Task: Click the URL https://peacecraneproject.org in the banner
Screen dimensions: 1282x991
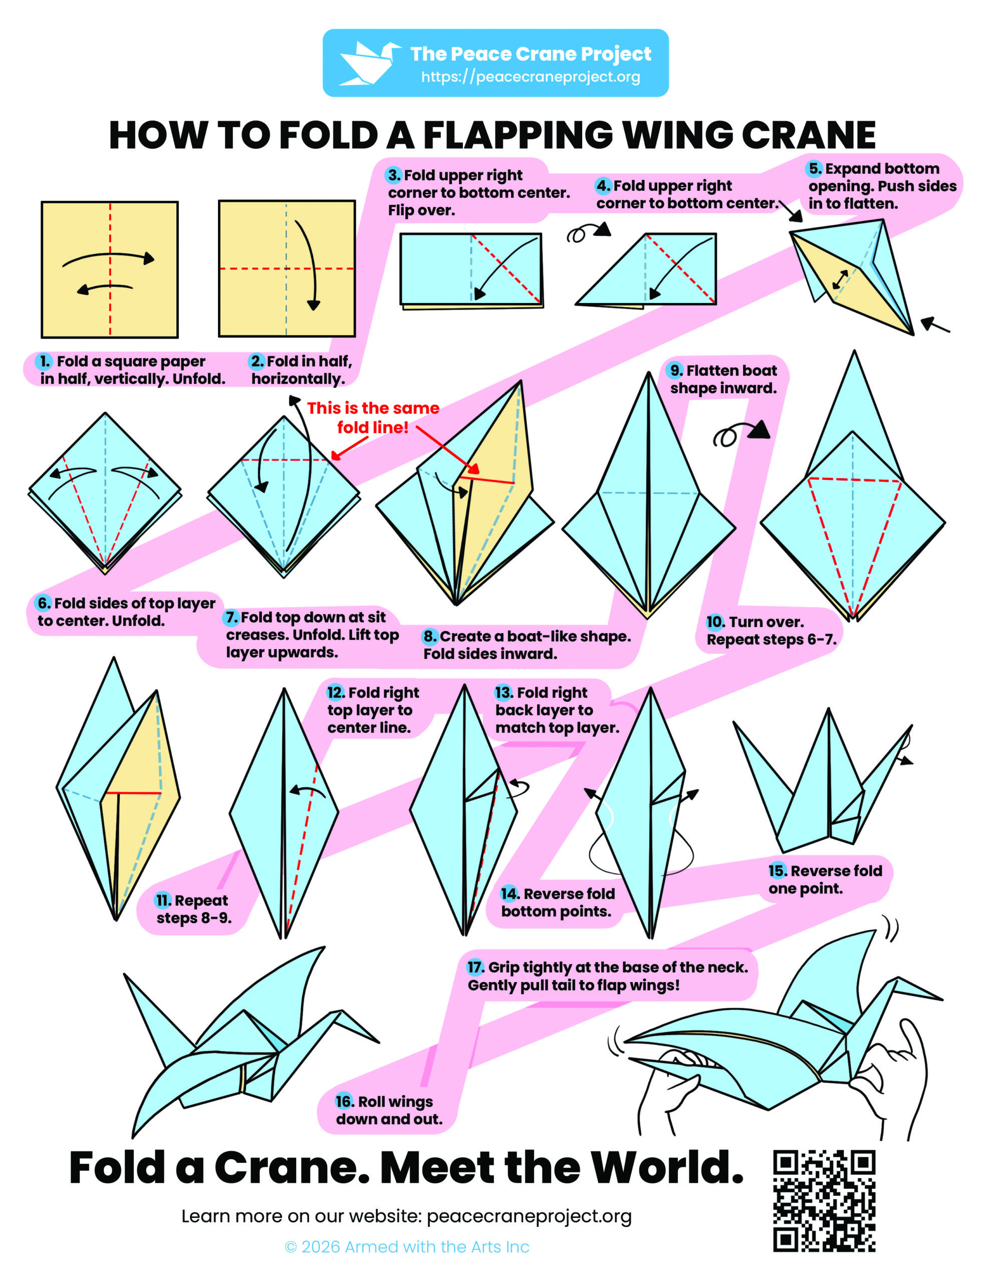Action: coord(531,77)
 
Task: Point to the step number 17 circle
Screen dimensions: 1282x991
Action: coord(474,967)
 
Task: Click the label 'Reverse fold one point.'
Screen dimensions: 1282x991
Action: coord(825,879)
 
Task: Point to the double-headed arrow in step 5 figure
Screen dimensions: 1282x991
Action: coord(840,279)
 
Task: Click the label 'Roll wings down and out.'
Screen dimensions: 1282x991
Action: coord(389,1110)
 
